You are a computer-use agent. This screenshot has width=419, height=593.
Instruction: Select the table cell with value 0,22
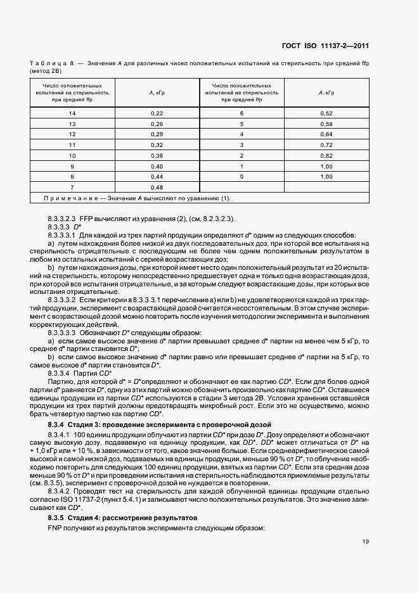[x=157, y=113]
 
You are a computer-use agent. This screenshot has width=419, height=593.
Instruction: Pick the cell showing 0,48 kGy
[x=157, y=188]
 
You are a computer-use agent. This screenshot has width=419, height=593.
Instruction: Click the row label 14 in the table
[x=72, y=113]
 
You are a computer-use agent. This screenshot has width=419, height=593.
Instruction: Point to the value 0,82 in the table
[x=326, y=155]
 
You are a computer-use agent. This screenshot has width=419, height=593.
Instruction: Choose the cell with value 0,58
[x=326, y=124]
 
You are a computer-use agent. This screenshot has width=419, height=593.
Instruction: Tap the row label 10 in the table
[x=72, y=155]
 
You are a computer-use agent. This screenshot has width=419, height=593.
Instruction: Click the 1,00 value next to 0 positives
[x=326, y=177]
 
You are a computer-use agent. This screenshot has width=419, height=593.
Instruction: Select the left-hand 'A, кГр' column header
[x=157, y=92]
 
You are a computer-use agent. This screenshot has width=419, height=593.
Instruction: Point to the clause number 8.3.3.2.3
[x=61, y=219]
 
